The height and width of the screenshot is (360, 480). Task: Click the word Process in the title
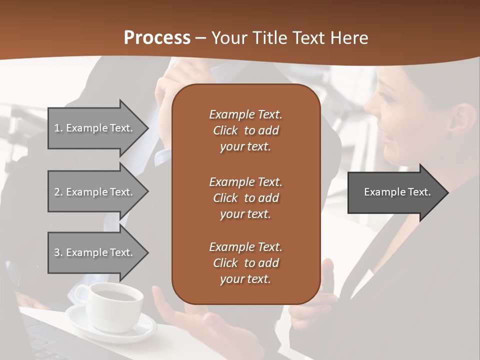pyautogui.click(x=157, y=38)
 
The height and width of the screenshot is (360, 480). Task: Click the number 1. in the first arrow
pyautogui.click(x=58, y=128)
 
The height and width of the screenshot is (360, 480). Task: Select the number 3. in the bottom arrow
pyautogui.click(x=58, y=252)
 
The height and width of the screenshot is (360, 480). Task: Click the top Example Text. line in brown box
pyautogui.click(x=245, y=114)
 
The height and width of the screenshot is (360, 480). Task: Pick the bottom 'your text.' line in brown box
pyautogui.click(x=245, y=279)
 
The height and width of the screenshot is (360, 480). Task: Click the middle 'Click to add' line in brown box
pyautogui.click(x=245, y=198)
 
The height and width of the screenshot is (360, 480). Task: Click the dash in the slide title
pyautogui.click(x=201, y=38)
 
